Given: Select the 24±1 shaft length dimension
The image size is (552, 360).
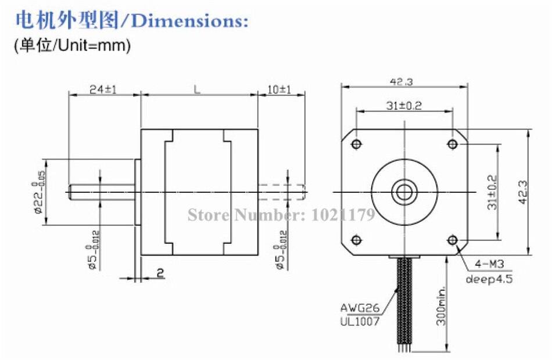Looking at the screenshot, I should (x=103, y=90).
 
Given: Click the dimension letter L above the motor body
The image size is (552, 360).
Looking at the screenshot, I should (x=198, y=89).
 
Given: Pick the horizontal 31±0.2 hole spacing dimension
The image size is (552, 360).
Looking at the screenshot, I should (x=403, y=106).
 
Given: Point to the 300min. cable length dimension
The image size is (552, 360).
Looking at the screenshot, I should (x=440, y=305).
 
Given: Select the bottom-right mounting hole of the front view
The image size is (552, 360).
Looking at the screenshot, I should (x=453, y=240).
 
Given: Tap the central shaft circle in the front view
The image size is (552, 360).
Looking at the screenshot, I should (x=404, y=192).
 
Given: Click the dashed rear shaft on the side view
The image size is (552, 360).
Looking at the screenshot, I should (x=281, y=192).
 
